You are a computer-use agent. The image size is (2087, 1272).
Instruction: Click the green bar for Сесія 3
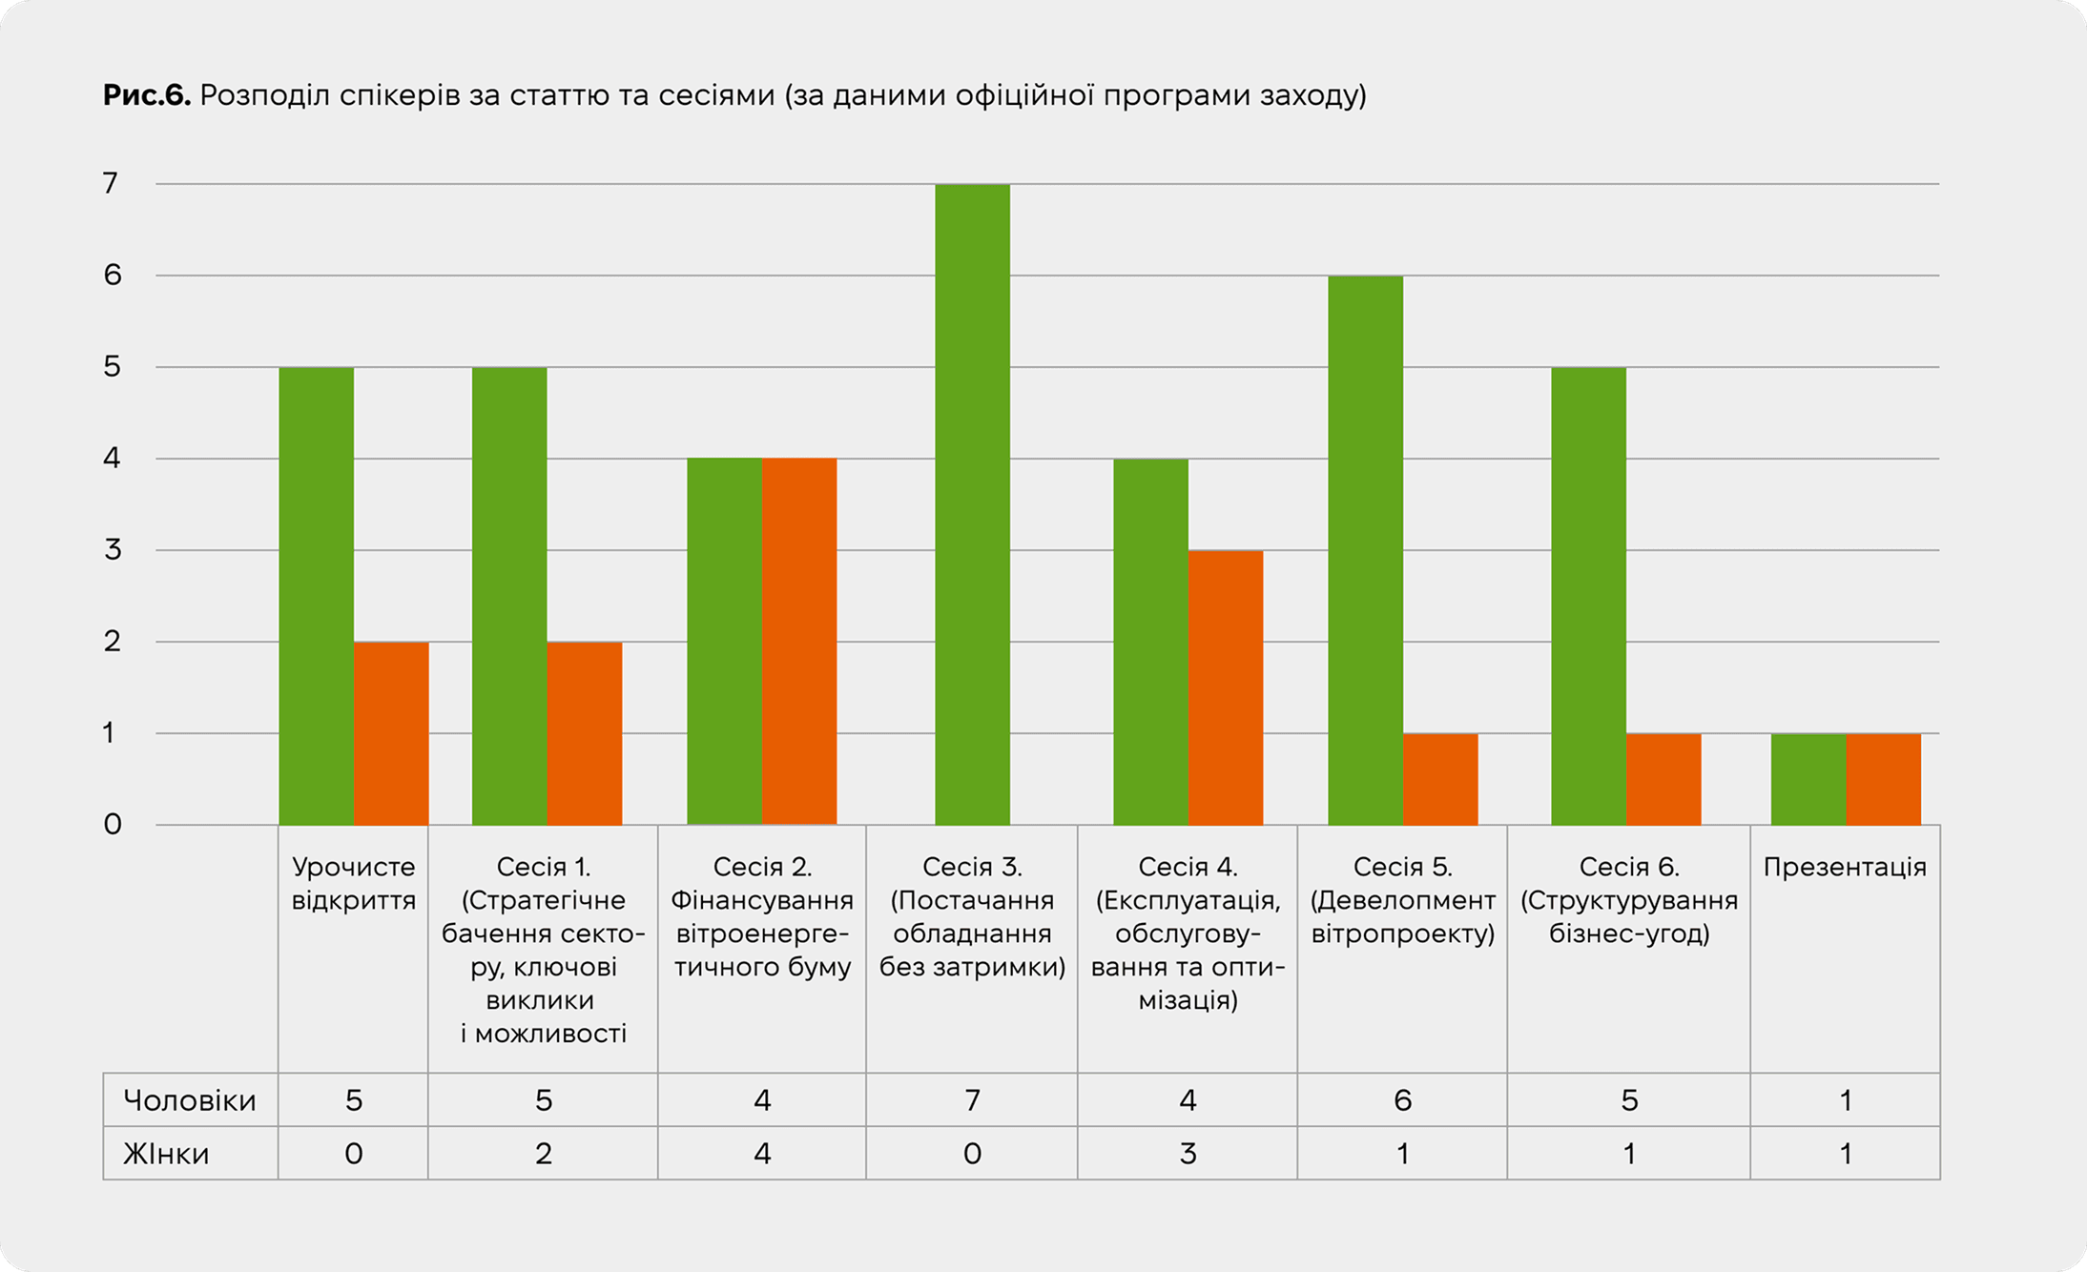point(972,504)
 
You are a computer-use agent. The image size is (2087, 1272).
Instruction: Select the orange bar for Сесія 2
point(799,642)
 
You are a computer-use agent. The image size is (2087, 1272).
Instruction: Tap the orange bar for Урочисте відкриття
point(391,733)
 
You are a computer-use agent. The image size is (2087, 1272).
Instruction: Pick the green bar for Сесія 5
point(1365,550)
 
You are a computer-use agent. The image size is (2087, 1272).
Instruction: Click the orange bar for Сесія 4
point(1226,687)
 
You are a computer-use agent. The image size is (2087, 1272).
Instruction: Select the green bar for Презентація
point(1808,779)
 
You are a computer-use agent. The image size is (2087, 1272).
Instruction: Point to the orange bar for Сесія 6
point(1663,779)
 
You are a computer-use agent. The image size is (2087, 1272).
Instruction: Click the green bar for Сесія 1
point(509,596)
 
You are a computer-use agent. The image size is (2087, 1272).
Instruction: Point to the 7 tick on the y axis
point(112,183)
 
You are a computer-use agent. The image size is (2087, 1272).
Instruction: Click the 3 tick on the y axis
point(112,550)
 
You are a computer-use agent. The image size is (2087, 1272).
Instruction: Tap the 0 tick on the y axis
point(112,825)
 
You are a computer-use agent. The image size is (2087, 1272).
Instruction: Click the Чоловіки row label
point(190,1100)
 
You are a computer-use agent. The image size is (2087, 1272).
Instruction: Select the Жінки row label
point(166,1154)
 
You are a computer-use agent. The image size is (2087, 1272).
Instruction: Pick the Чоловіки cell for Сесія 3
point(972,1100)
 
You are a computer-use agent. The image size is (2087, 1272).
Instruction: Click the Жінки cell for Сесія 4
point(1188,1154)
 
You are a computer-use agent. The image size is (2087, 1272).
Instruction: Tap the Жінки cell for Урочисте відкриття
point(353,1154)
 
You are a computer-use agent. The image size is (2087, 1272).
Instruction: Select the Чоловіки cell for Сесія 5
point(1402,1100)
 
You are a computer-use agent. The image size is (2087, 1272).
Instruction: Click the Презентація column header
point(1845,867)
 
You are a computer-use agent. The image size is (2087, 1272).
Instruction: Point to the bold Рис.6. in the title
point(147,95)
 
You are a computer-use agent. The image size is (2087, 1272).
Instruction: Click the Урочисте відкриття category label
point(353,883)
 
